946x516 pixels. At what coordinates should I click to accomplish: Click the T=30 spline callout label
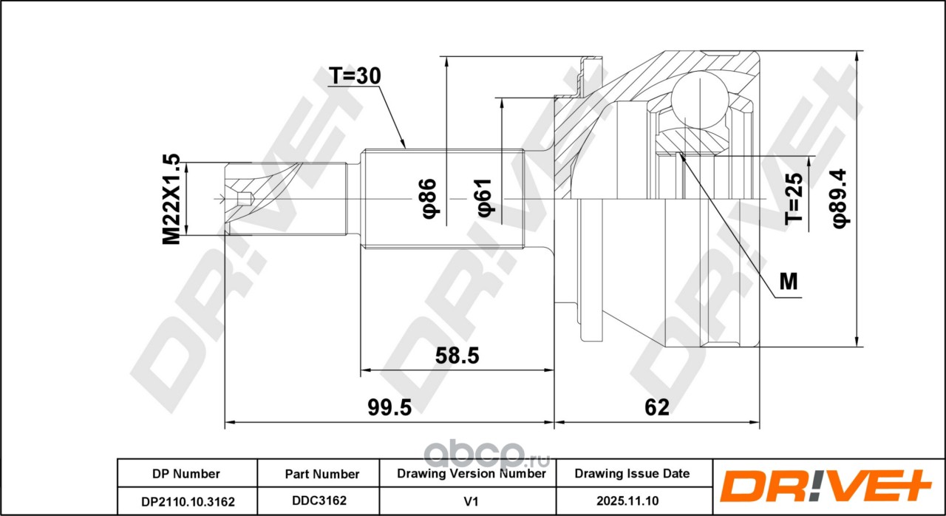pyautogui.click(x=355, y=76)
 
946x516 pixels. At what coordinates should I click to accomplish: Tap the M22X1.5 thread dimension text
pyautogui.click(x=171, y=199)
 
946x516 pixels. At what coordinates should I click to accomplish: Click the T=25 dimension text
pyautogui.click(x=793, y=198)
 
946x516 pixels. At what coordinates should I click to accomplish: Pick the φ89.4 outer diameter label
pyautogui.click(x=840, y=198)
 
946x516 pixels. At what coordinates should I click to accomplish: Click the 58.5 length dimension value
pyautogui.click(x=457, y=356)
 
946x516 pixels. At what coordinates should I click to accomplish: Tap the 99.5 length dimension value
pyautogui.click(x=389, y=407)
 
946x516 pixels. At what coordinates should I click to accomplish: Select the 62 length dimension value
pyautogui.click(x=657, y=407)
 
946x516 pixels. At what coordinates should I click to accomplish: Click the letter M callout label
pyautogui.click(x=788, y=281)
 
